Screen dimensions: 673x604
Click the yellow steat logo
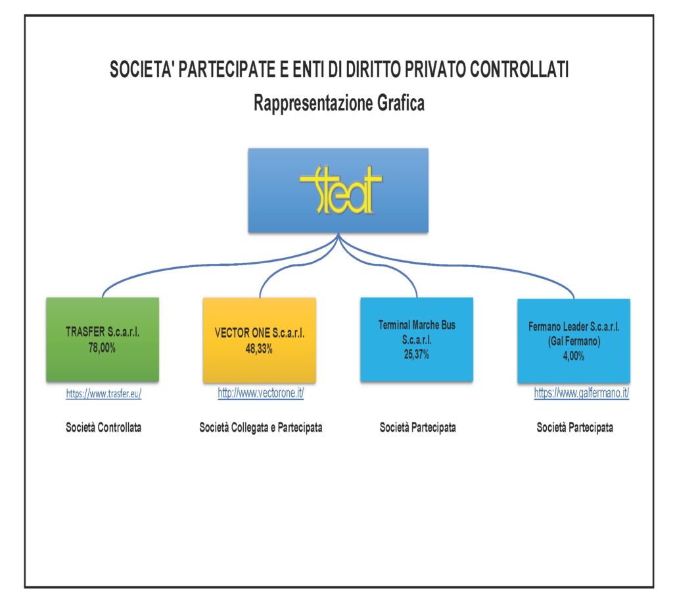[341, 190]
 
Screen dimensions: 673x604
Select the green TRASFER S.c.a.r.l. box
[103, 339]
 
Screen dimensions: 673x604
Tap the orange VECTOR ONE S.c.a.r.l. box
[260, 340]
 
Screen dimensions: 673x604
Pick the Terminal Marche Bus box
[417, 339]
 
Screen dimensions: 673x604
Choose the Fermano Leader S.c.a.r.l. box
[574, 341]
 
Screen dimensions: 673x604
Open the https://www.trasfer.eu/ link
[103, 393]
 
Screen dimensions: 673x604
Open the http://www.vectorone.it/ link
[260, 393]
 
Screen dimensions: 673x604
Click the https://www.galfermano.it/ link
[582, 393]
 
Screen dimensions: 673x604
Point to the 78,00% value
[102, 347]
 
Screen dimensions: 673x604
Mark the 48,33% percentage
[259, 349]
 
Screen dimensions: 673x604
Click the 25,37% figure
[416, 355]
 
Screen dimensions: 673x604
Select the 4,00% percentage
[573, 356]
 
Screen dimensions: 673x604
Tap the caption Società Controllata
[103, 428]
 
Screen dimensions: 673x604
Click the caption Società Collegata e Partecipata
[260, 428]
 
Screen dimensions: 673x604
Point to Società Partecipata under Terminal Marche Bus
[417, 428]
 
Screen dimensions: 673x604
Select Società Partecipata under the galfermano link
[574, 428]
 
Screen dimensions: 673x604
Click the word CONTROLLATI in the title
[519, 69]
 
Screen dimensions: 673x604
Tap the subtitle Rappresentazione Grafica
[339, 103]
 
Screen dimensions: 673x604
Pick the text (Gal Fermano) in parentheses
[574, 341]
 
